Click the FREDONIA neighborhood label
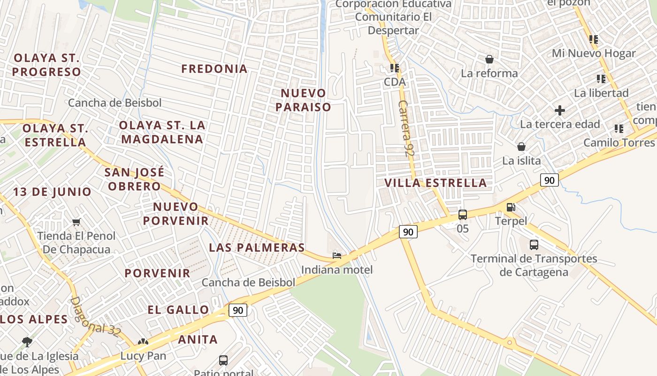pyautogui.click(x=214, y=69)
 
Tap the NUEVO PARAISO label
pyautogui.click(x=303, y=100)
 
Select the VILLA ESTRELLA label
pyautogui.click(x=435, y=183)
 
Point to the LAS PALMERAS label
pyautogui.click(x=257, y=247)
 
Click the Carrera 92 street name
pyautogui.click(x=406, y=128)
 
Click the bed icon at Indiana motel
pyautogui.click(x=337, y=256)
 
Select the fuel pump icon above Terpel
pyautogui.click(x=511, y=207)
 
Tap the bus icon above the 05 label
pyautogui.click(x=463, y=215)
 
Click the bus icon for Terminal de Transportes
pyautogui.click(x=534, y=244)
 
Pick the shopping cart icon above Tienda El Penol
pyautogui.click(x=76, y=222)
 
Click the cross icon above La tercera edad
pyautogui.click(x=559, y=110)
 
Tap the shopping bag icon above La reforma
pyautogui.click(x=489, y=59)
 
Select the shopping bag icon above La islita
pyautogui.click(x=521, y=147)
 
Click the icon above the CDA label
pyautogui.click(x=394, y=68)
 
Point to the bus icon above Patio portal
pyautogui.click(x=223, y=360)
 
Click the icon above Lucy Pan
pyautogui.click(x=143, y=342)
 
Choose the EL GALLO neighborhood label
pyautogui.click(x=178, y=309)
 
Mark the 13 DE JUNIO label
pyautogui.click(x=52, y=192)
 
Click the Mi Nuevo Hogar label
pyautogui.click(x=594, y=53)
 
